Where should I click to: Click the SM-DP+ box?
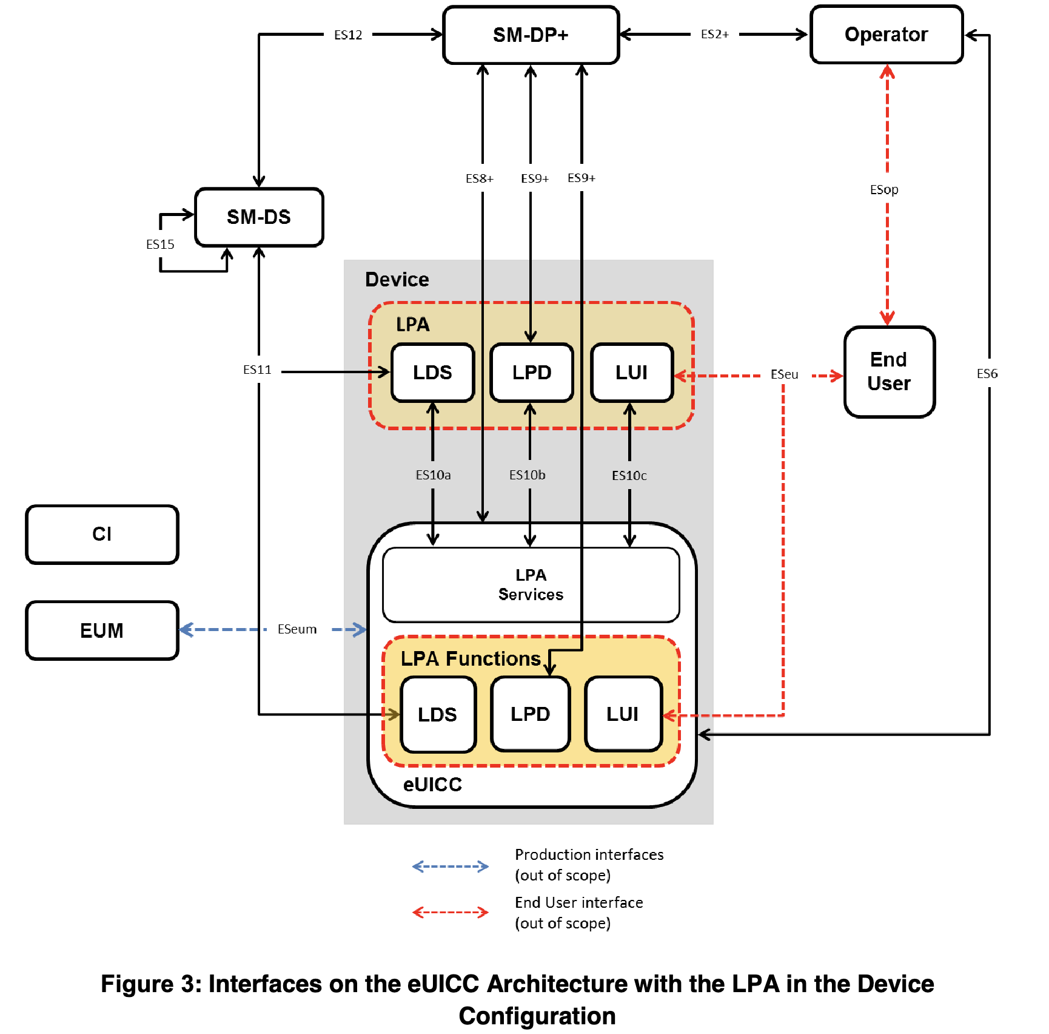coord(531,35)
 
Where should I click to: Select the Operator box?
coord(886,35)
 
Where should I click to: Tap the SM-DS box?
coord(259,217)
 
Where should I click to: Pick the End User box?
coord(889,371)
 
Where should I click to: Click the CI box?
coord(102,534)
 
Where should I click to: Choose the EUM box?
coord(102,630)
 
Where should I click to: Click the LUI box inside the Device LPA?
coord(631,373)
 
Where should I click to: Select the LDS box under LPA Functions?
coord(437,714)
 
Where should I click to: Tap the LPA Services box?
coord(531,585)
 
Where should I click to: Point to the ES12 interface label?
coord(348,35)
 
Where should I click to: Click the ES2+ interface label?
coord(714,35)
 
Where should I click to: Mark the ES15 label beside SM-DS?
coord(160,245)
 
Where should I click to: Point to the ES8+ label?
coord(480,178)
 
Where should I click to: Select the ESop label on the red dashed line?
coord(884,190)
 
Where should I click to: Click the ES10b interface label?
coord(527,475)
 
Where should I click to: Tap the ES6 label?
coord(987,374)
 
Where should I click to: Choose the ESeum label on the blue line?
coord(297,629)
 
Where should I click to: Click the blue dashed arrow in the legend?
coord(450,866)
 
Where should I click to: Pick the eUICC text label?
coord(432,785)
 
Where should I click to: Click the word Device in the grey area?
coord(397,280)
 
